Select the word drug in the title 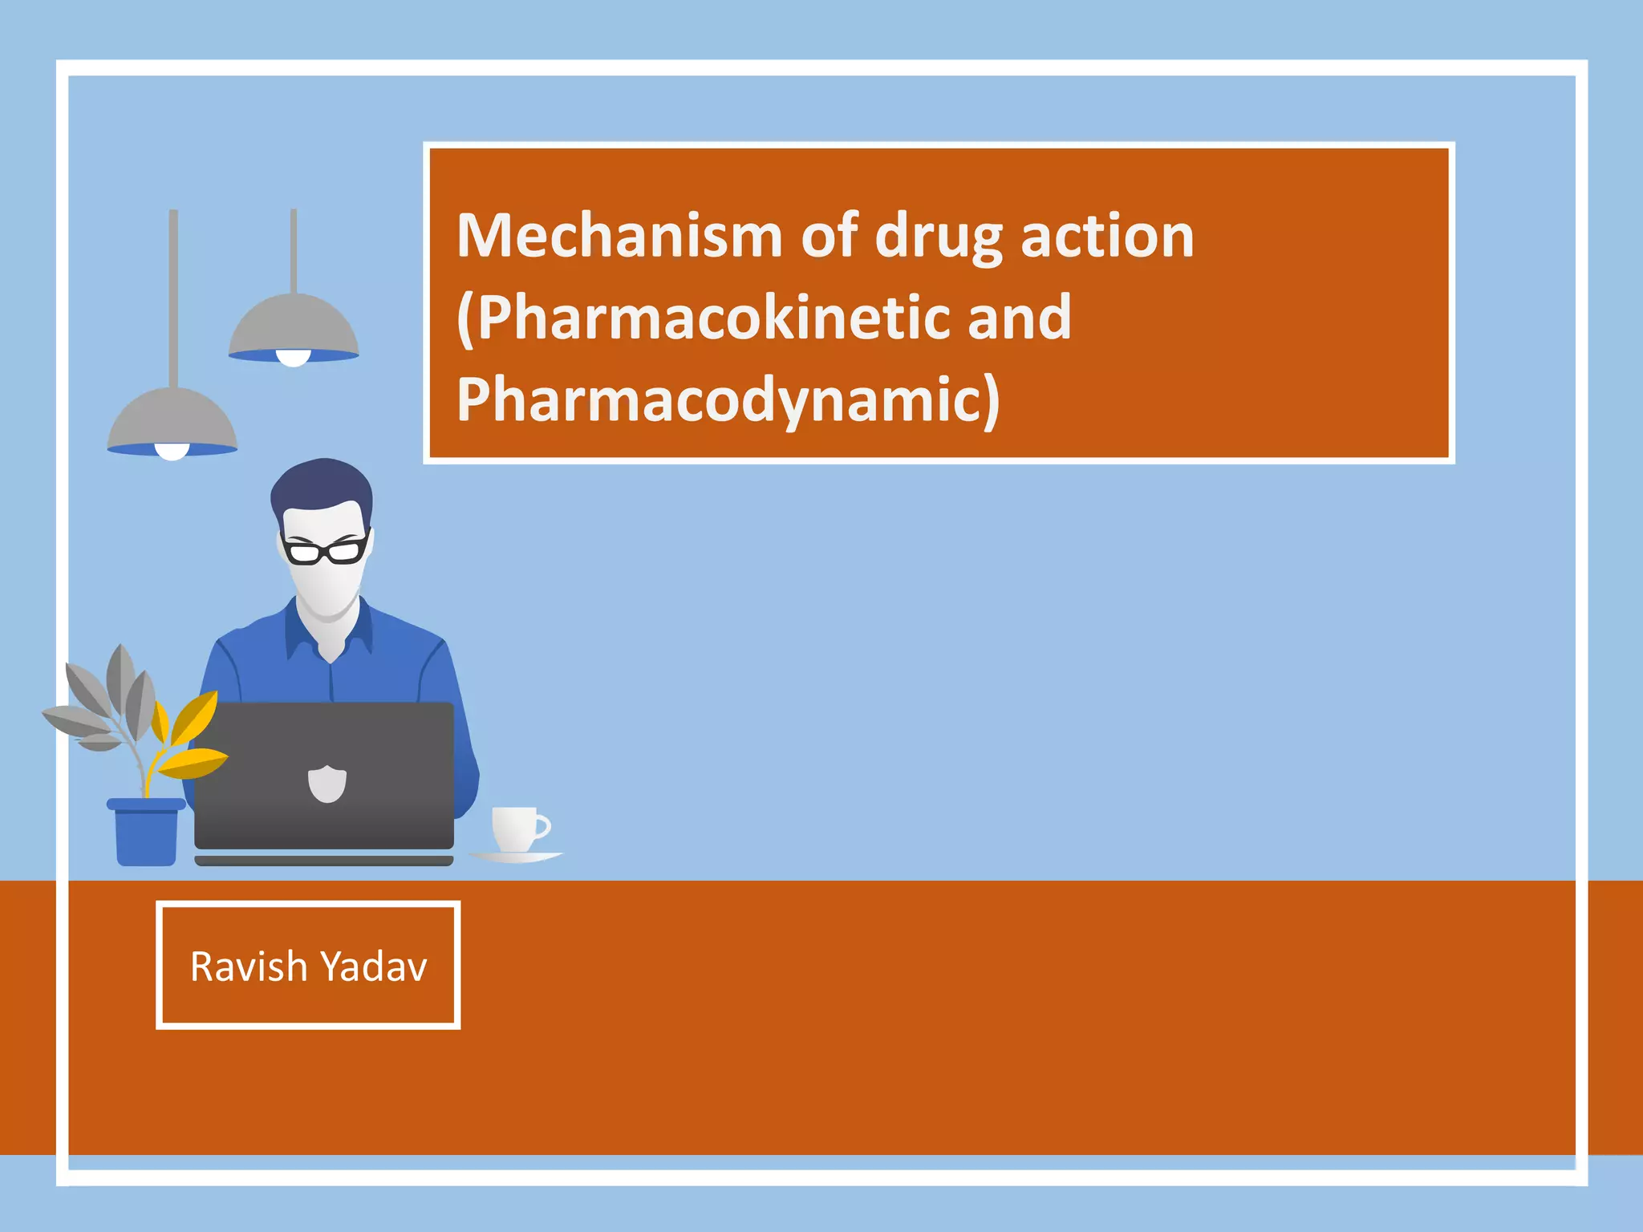[x=938, y=238]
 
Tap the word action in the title [x=1107, y=237]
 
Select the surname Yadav [x=383, y=967]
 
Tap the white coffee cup [x=517, y=829]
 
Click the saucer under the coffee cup [x=516, y=857]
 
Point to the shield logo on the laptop [x=327, y=784]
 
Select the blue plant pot [x=146, y=834]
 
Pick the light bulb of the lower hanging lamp [x=172, y=452]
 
